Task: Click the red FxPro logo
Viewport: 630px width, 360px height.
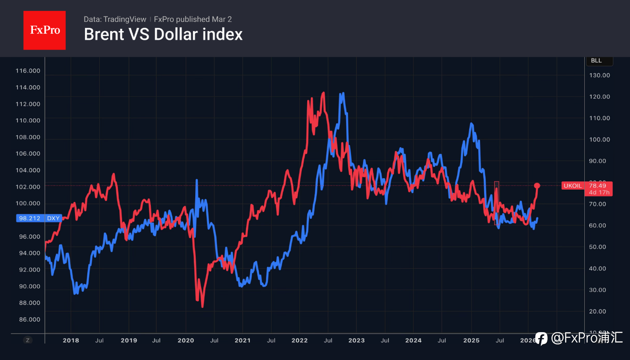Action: click(x=44, y=30)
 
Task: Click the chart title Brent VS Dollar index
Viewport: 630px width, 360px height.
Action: click(x=163, y=35)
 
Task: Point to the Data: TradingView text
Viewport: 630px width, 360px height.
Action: click(x=115, y=19)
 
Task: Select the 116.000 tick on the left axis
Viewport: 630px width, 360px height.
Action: click(x=28, y=71)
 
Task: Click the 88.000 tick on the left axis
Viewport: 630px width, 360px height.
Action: click(x=28, y=303)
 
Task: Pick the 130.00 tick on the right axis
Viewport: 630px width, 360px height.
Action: click(x=599, y=75)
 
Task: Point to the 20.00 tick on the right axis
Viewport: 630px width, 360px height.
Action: click(x=599, y=311)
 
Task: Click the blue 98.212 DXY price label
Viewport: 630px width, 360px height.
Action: click(x=39, y=218)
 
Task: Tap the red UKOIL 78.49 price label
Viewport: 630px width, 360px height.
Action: click(x=587, y=188)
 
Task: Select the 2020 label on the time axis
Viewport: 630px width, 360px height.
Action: click(x=186, y=340)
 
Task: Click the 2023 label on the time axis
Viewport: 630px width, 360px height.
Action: click(x=357, y=340)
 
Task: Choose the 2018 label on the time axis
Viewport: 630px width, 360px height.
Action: click(x=71, y=340)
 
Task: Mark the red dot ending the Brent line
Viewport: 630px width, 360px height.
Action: click(x=537, y=185)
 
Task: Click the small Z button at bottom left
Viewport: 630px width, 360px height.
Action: click(x=28, y=340)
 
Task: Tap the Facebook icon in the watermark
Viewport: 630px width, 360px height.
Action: click(x=541, y=339)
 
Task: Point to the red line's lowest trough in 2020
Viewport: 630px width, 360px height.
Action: click(x=203, y=307)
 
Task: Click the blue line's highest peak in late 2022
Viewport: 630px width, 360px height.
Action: click(x=342, y=94)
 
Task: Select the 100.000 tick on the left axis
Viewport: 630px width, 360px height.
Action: click(x=28, y=203)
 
